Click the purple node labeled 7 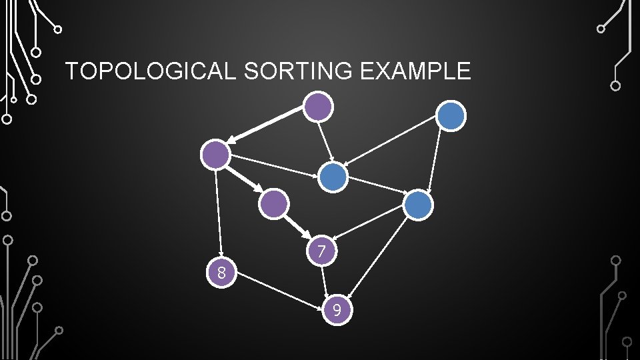tap(321, 251)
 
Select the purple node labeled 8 tap(222, 272)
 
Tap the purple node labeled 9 tap(337, 310)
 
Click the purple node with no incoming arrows tap(318, 106)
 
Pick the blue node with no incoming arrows tap(451, 116)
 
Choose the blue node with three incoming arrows tap(333, 177)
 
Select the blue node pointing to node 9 tap(419, 205)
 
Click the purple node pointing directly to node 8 tap(216, 155)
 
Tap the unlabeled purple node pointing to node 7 tap(274, 203)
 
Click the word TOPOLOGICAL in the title tap(151, 71)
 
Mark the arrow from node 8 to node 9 tap(280, 291)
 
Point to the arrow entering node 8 tap(219, 213)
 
